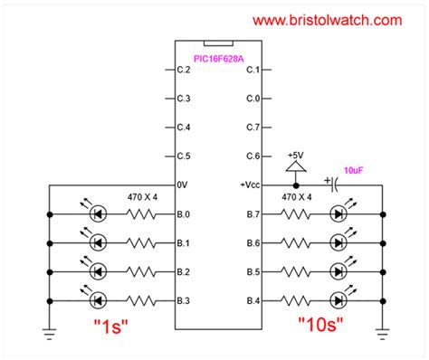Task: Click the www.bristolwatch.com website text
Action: (328, 18)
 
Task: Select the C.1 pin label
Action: (253, 70)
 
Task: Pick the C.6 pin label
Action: (253, 156)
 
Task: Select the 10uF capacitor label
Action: (356, 169)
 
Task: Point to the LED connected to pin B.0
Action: (97, 215)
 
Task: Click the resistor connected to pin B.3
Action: (141, 299)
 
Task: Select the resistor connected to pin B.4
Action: (293, 299)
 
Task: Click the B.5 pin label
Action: (253, 271)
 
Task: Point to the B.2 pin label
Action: (184, 271)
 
